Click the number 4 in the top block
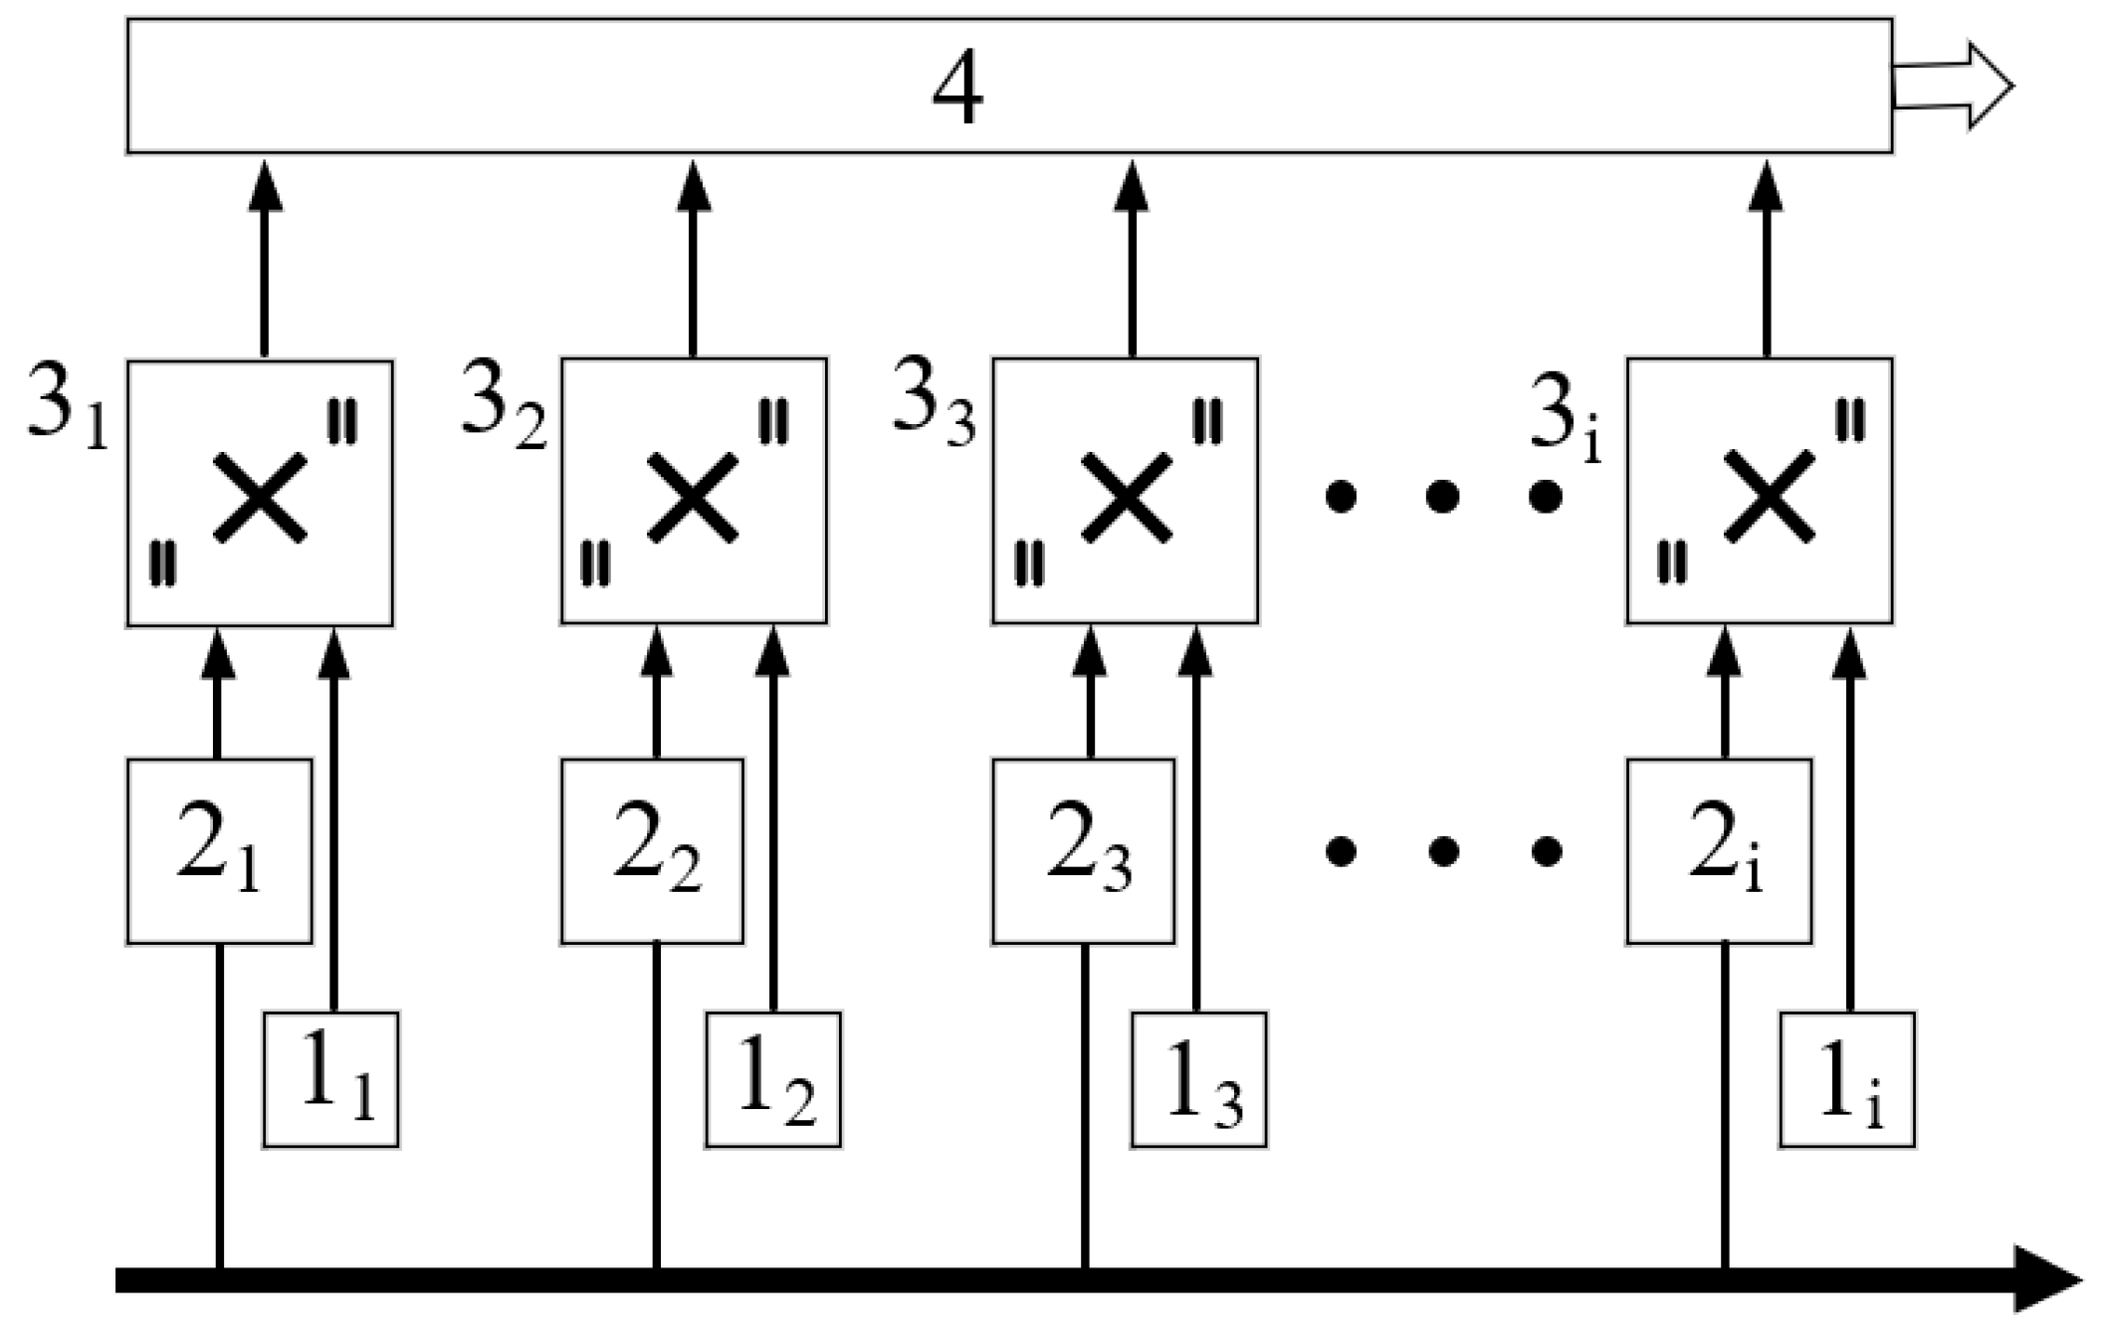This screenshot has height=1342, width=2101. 957,88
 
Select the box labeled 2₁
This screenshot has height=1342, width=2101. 219,851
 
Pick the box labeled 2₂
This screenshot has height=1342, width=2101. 652,851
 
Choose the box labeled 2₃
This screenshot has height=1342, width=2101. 1083,851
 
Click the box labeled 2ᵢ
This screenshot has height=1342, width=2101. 1719,851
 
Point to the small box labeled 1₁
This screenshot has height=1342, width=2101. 331,1080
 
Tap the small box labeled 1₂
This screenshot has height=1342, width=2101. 773,1080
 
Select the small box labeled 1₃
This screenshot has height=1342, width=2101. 1199,1080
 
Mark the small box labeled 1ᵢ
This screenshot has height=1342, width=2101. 1847,1080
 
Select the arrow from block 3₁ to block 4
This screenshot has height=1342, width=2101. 264,259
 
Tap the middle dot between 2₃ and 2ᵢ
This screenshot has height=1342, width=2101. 1443,851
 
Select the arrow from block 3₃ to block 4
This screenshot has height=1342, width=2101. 1132,259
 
